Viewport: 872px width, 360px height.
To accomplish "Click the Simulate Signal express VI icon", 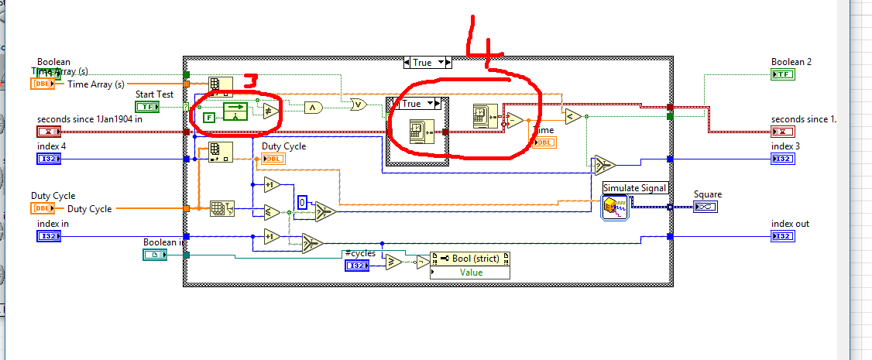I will [x=616, y=207].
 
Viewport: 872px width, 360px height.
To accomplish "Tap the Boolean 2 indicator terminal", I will [x=782, y=74].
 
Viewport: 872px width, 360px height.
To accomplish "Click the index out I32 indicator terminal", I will [x=782, y=236].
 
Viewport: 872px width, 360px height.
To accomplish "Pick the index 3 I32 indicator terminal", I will [x=782, y=159].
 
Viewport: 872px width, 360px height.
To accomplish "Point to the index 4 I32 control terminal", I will [x=48, y=159].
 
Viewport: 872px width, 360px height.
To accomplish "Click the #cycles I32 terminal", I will [x=357, y=266].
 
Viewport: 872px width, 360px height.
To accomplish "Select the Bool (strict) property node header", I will [x=469, y=259].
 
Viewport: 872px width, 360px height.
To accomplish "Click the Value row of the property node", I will [x=469, y=272].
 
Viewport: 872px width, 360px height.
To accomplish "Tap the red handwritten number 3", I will [x=249, y=81].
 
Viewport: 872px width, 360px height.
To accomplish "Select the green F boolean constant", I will [x=208, y=118].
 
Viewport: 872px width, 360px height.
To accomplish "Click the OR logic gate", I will [x=358, y=103].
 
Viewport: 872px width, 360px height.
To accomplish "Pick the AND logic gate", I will [x=312, y=107].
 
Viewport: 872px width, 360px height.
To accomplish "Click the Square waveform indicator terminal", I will [x=705, y=206].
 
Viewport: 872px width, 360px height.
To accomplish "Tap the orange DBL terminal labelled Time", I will [x=543, y=142].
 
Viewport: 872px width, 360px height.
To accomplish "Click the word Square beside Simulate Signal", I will [x=708, y=194].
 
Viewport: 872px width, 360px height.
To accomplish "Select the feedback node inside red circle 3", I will [x=235, y=111].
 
